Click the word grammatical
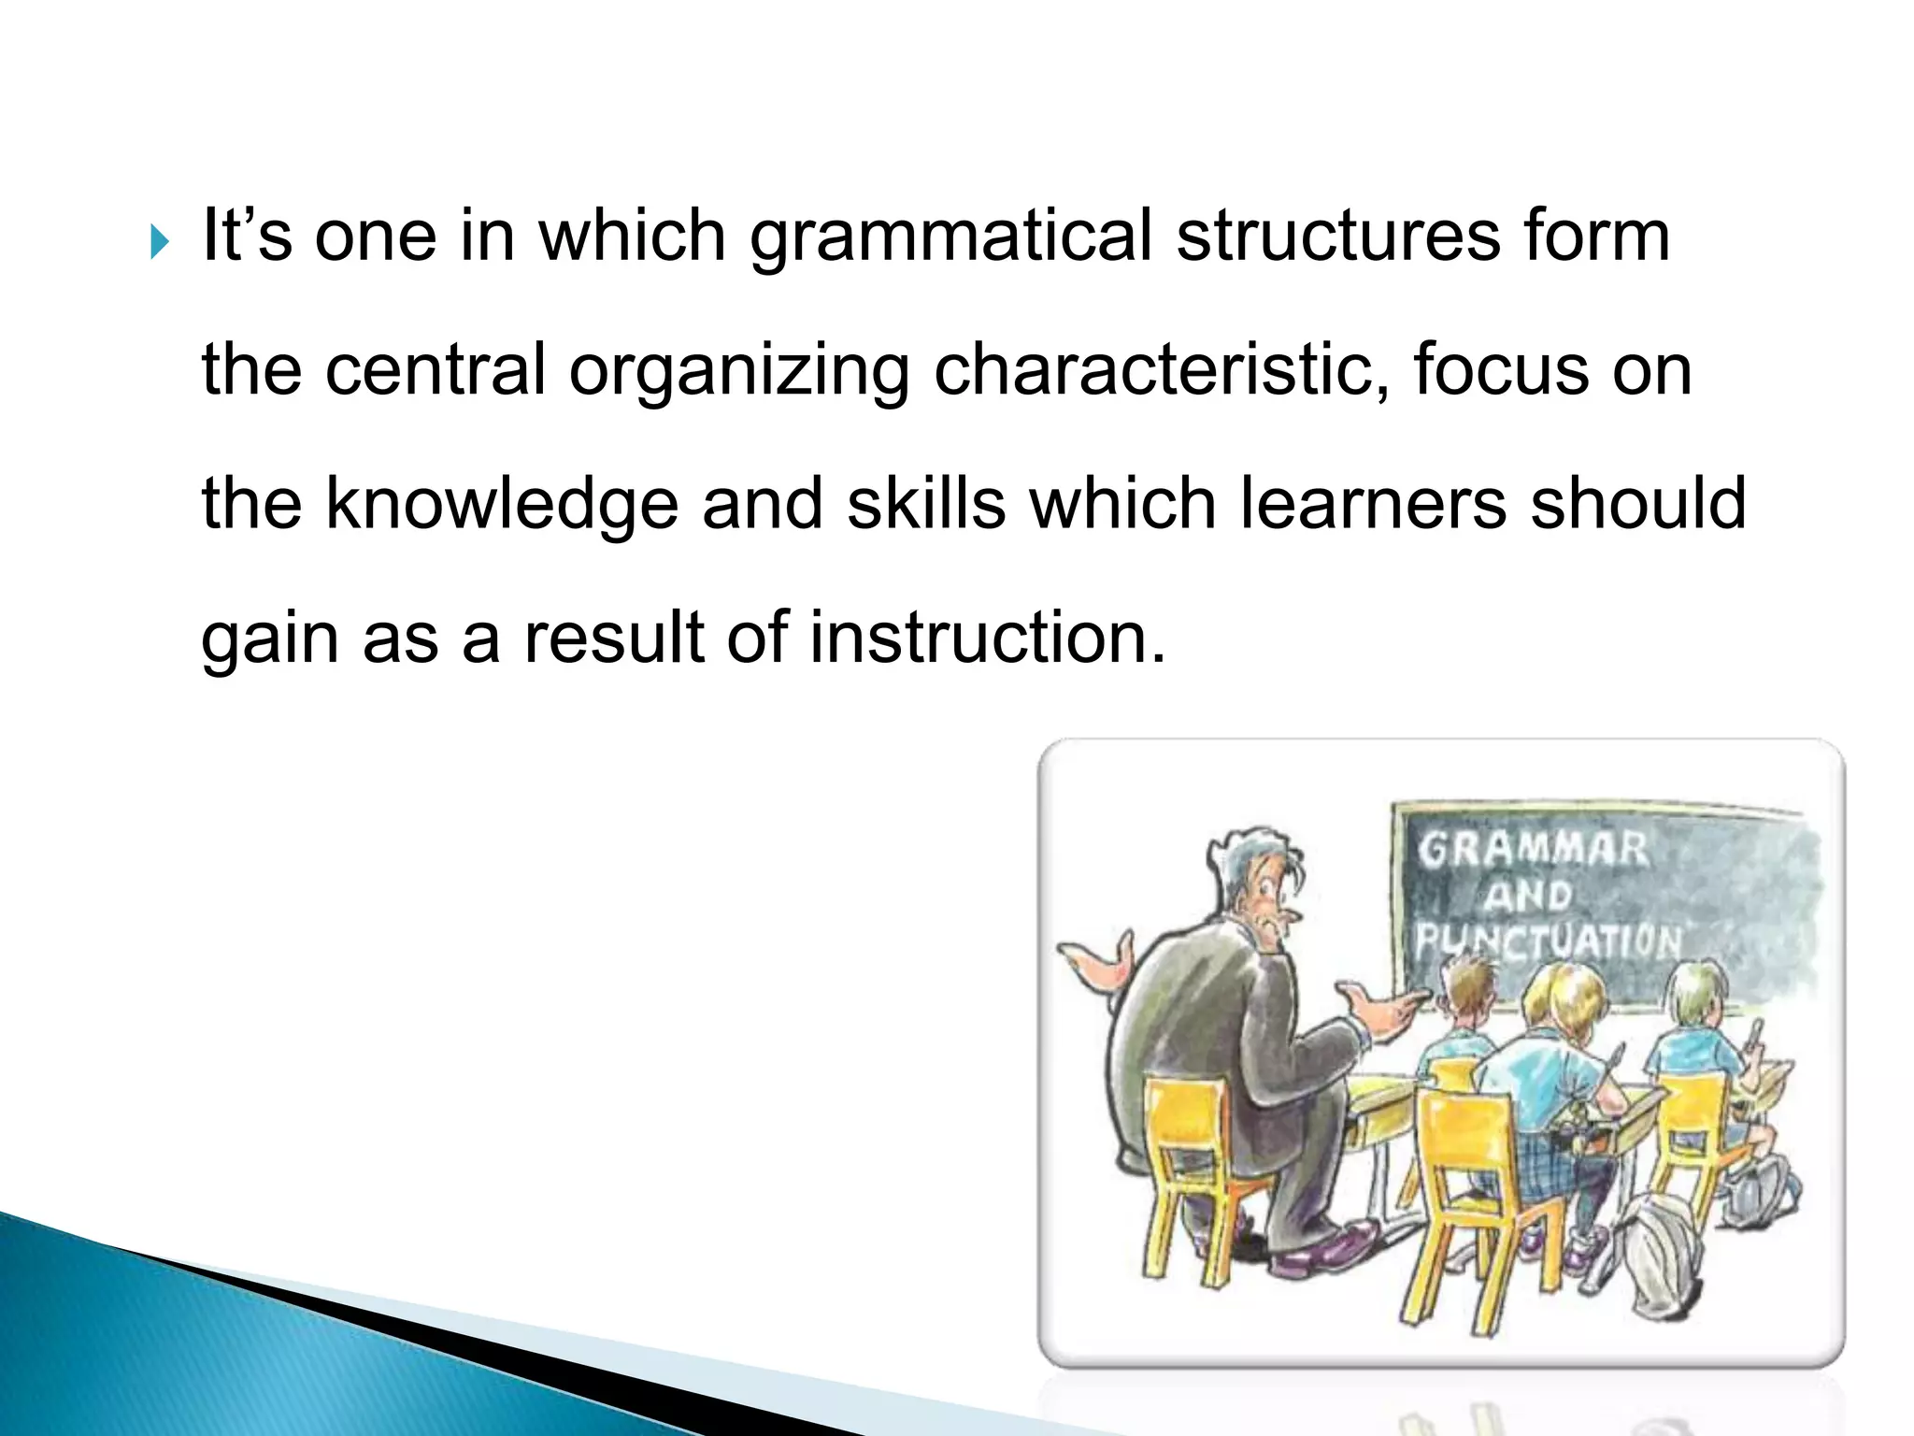click(950, 237)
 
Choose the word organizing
click(738, 372)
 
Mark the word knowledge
click(501, 505)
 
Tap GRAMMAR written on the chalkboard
click(1532, 850)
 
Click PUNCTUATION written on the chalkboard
click(1548, 940)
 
